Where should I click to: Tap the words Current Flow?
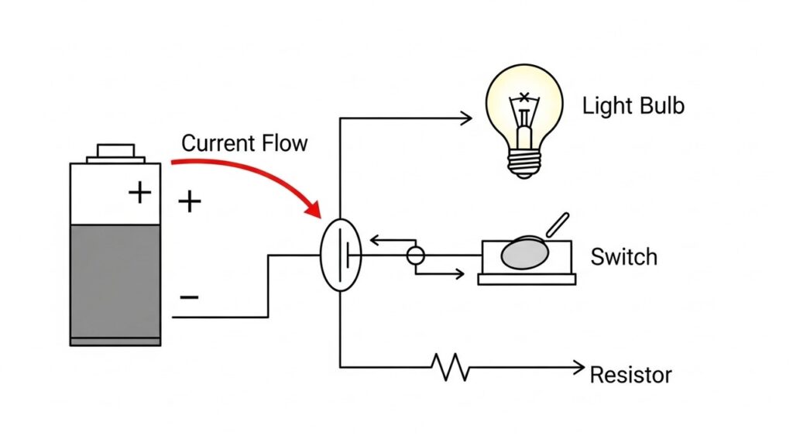tap(244, 143)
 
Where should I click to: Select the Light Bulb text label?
tap(633, 106)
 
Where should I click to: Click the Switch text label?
tap(623, 256)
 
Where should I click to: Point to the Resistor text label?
tap(630, 376)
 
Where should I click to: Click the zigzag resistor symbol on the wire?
tap(454, 367)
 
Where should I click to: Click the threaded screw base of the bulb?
tap(524, 161)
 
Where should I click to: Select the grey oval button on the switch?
tap(524, 254)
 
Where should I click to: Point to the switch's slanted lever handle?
tap(558, 225)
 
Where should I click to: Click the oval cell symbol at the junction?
tap(341, 255)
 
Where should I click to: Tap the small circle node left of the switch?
tap(416, 256)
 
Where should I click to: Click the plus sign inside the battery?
tap(139, 191)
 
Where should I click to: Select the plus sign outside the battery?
tap(189, 202)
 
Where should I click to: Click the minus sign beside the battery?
tap(188, 297)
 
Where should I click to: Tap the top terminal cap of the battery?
tap(115, 151)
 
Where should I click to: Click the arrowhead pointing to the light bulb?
tap(467, 118)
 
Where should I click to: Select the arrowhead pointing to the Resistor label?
tap(578, 367)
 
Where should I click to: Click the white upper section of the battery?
tap(101, 194)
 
